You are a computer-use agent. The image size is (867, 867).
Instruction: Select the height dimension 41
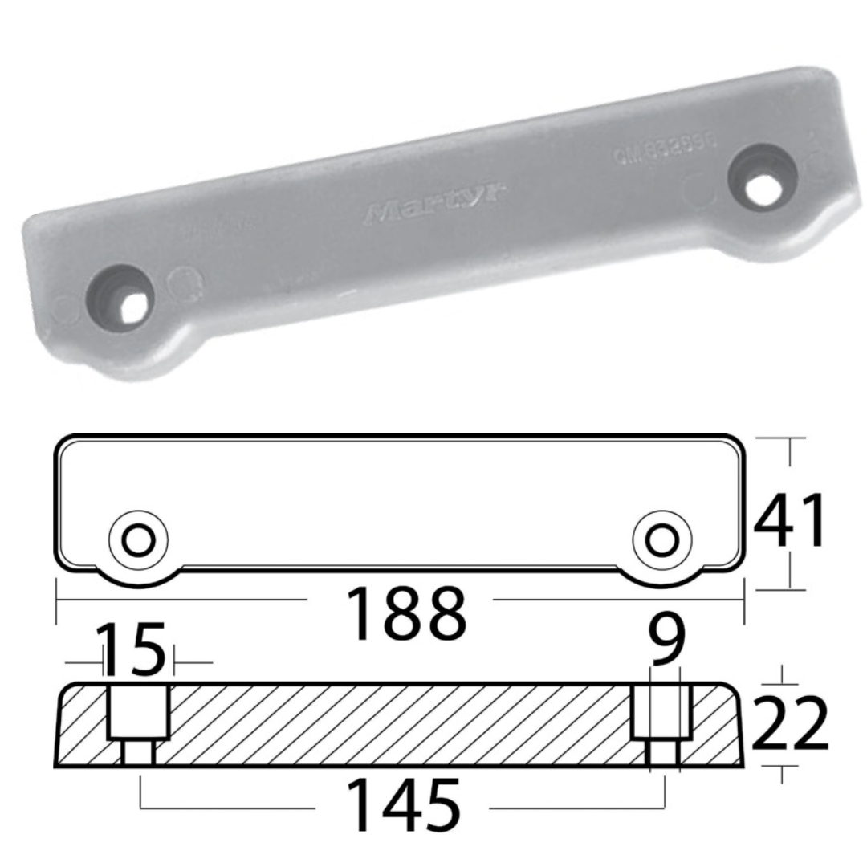pos(790,522)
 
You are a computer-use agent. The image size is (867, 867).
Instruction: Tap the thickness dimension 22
pos(790,723)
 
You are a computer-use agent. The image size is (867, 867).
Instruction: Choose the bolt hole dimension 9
pos(668,643)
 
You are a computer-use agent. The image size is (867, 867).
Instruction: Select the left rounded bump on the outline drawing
pos(140,575)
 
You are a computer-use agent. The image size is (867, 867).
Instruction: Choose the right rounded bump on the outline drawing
pos(661,575)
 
